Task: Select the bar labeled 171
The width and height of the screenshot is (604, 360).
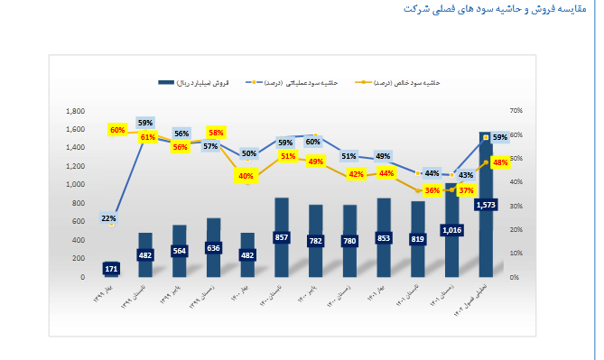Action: pos(111,269)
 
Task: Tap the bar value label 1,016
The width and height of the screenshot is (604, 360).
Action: pos(452,230)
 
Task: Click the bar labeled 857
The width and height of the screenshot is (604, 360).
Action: pos(282,237)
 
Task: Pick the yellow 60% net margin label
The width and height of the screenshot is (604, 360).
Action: pos(117,130)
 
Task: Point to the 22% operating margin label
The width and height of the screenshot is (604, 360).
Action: pos(108,218)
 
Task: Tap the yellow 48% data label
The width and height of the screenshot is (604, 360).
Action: pos(500,162)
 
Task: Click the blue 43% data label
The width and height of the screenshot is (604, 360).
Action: pos(466,175)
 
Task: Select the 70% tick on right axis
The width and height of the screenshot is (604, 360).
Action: pos(516,111)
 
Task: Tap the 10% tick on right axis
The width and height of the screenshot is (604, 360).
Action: pos(516,254)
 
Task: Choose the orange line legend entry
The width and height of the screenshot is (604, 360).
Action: pos(414,82)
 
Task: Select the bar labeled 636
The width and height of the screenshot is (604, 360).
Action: pos(213,247)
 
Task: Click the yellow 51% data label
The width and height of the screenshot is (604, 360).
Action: pos(288,156)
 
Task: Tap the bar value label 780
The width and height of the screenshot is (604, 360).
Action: pos(349,241)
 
